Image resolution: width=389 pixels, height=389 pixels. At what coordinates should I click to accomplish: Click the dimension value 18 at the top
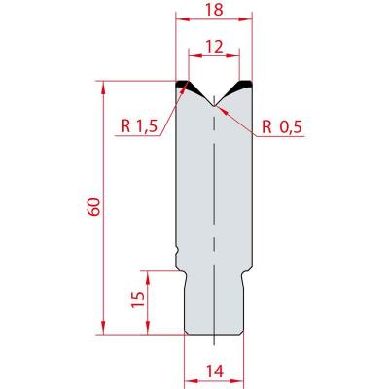coord(214,10)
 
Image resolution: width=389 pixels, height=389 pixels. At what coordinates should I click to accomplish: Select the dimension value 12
coord(214,47)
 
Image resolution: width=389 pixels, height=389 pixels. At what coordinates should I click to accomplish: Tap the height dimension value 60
coord(94,207)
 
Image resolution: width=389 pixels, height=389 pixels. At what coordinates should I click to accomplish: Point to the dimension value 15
coord(139,300)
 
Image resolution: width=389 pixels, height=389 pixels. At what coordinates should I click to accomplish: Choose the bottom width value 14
coord(214,371)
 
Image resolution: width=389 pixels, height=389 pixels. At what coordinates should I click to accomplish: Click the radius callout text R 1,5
coord(139,126)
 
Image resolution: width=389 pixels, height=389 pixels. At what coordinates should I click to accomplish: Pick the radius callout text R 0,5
coord(282,127)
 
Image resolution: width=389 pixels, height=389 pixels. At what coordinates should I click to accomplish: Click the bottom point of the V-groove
coord(214,106)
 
